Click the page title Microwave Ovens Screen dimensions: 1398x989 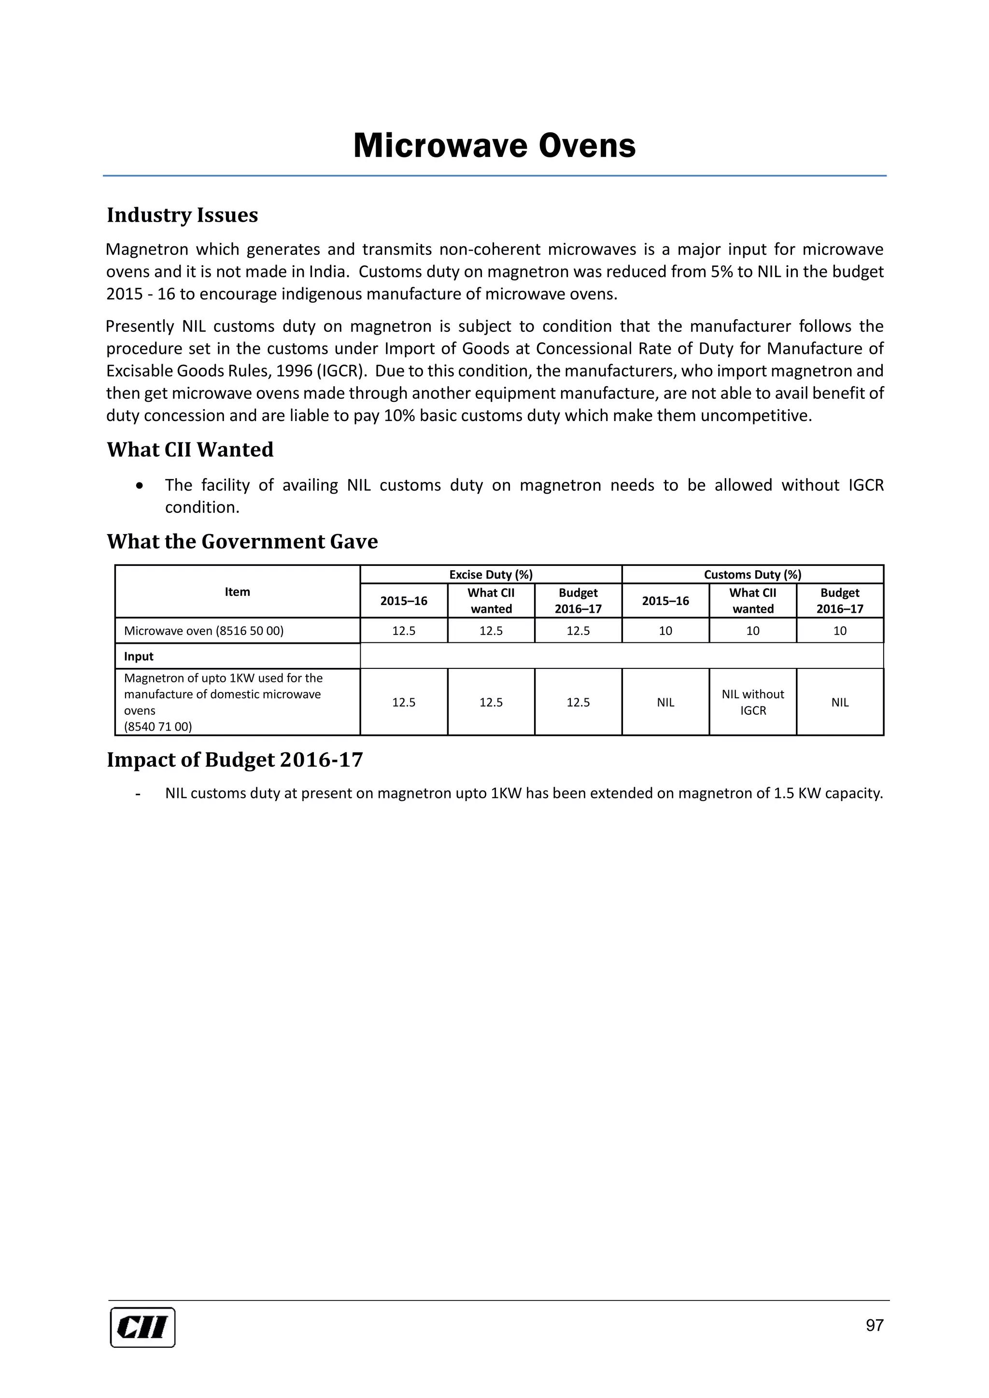click(x=494, y=146)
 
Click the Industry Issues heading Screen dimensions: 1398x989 click(x=182, y=215)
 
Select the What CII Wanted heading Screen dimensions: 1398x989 click(x=190, y=450)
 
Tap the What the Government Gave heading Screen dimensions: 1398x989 click(x=242, y=541)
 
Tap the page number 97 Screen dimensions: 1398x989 click(x=874, y=1325)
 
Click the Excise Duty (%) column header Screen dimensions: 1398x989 click(x=491, y=574)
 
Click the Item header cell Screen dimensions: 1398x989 click(x=237, y=592)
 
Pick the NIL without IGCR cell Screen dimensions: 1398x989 click(x=753, y=702)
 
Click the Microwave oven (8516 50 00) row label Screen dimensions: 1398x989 click(x=203, y=631)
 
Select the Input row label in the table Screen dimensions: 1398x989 click(x=139, y=656)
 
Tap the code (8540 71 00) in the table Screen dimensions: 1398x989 click(x=158, y=726)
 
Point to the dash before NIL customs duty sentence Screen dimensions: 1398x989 click(x=139, y=794)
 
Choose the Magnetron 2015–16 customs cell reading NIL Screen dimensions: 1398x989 click(x=665, y=702)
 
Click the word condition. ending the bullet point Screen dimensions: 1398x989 click(x=202, y=507)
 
